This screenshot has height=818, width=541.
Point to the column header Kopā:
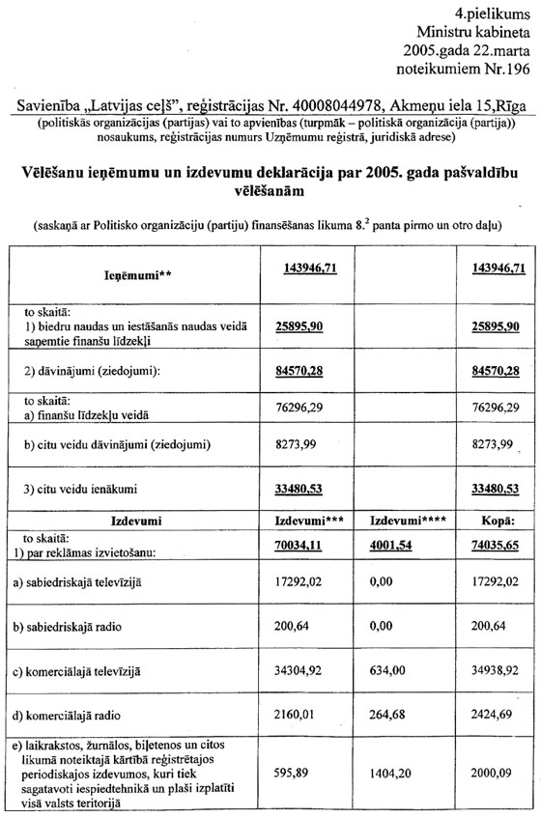(x=498, y=522)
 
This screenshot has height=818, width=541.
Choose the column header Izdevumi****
(x=394, y=522)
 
